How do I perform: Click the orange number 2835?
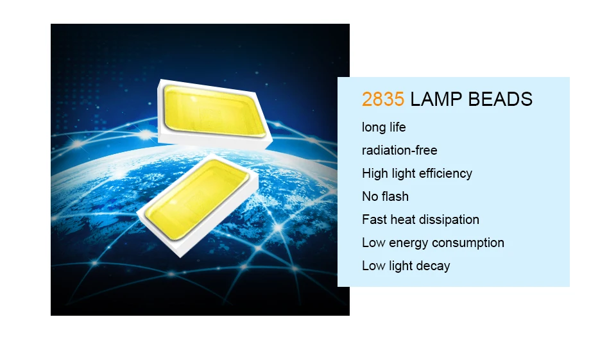(x=382, y=99)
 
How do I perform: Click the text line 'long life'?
(x=384, y=127)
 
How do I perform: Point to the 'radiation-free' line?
(x=399, y=150)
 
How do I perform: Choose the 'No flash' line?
(x=385, y=196)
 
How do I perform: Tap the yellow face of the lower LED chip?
(x=195, y=199)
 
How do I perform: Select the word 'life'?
(x=397, y=127)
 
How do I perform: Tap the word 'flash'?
(x=396, y=196)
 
